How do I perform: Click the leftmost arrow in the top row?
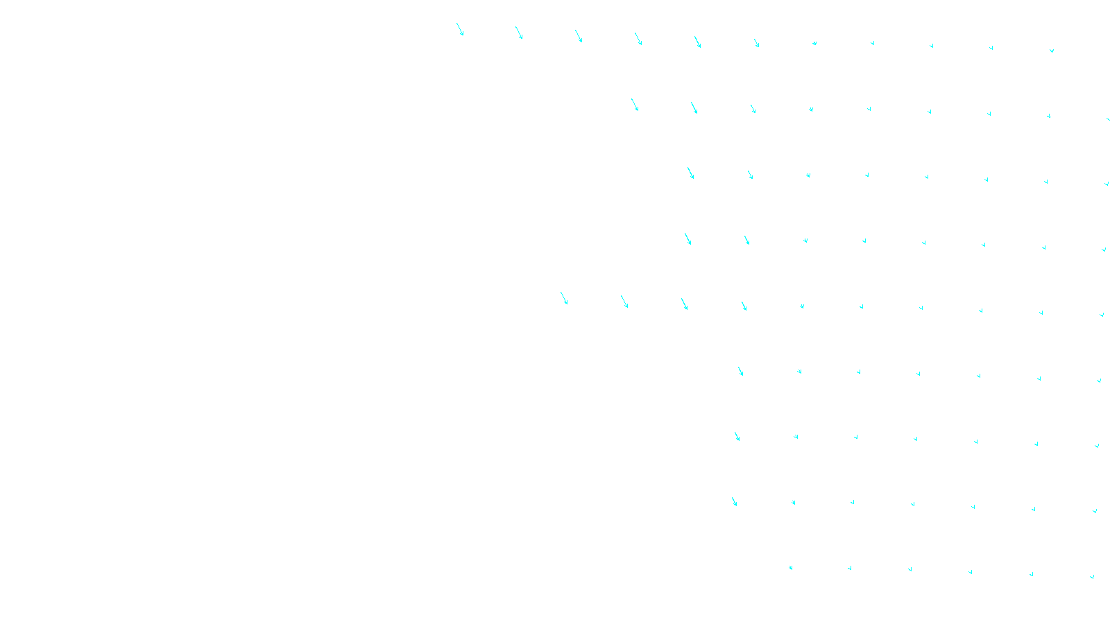coord(460,30)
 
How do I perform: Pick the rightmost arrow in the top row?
coord(1052,51)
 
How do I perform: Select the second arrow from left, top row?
coord(519,33)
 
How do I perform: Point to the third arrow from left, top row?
coord(579,36)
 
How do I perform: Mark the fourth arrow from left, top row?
coord(638,39)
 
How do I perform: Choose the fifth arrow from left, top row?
coord(698,42)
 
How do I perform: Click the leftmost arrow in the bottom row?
coord(790,568)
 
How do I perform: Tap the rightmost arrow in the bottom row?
coord(1092,576)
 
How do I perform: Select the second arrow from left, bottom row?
coord(850,569)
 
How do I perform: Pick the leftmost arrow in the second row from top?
coord(635,105)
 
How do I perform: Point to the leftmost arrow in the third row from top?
coord(691,173)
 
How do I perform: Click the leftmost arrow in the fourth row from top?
coord(688,239)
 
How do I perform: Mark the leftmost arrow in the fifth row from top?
coord(564,298)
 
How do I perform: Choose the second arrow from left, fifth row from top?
coord(624,302)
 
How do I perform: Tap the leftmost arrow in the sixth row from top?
coord(741,372)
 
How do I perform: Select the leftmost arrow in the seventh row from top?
coord(737,436)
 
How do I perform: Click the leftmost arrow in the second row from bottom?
coord(734,501)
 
